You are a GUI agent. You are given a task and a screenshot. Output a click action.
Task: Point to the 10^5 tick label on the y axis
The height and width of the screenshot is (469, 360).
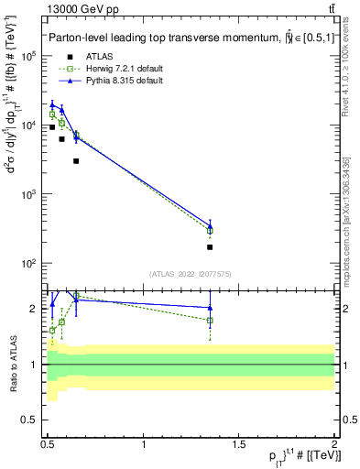[27, 56]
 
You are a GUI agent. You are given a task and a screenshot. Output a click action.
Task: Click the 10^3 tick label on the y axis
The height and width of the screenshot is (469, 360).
[27, 194]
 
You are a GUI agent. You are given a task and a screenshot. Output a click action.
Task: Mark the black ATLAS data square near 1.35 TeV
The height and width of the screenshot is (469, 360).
[211, 247]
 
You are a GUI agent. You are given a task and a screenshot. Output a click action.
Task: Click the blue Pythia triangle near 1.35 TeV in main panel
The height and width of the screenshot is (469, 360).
[211, 224]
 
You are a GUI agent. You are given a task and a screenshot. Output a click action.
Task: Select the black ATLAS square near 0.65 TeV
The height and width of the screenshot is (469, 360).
[76, 161]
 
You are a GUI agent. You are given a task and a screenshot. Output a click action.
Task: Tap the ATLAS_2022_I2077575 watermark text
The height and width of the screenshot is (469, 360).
[191, 274]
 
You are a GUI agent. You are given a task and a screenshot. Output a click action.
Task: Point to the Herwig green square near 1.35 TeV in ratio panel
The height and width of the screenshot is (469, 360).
[211, 321]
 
